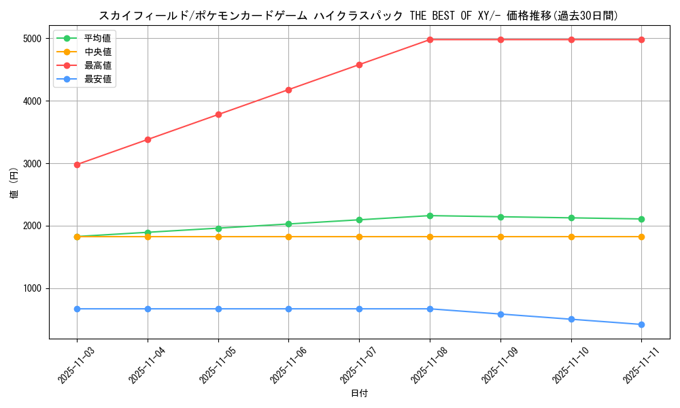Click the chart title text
click(x=358, y=16)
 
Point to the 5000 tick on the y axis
click(x=31, y=39)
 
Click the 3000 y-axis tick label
click(x=31, y=164)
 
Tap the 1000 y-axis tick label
click(x=31, y=289)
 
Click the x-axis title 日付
click(x=359, y=394)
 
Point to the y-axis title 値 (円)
click(x=14, y=184)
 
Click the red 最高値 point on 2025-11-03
click(x=77, y=165)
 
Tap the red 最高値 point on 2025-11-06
click(x=288, y=90)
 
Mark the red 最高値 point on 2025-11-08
click(x=430, y=39)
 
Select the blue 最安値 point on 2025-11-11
click(x=641, y=324)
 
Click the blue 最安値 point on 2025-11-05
click(x=218, y=309)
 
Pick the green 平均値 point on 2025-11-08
click(x=430, y=216)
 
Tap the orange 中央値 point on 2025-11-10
click(x=571, y=237)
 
